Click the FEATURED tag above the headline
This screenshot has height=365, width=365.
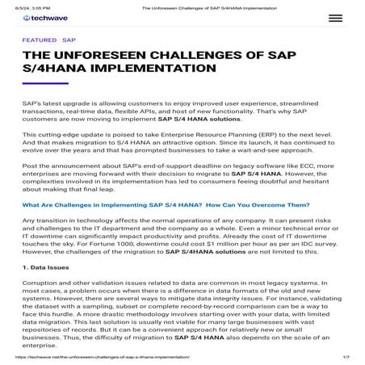tap(39, 39)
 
